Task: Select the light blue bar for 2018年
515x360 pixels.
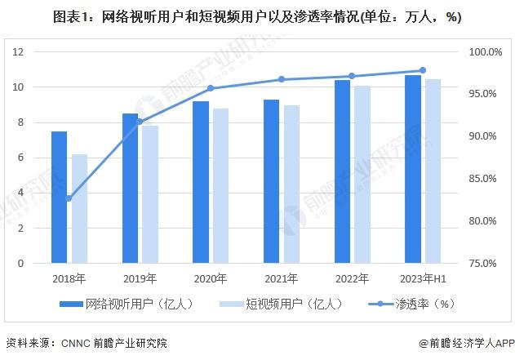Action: coord(79,209)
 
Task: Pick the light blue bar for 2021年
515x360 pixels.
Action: coord(291,184)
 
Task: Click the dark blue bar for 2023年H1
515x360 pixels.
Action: coord(413,169)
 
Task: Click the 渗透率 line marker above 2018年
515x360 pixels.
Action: coord(69,198)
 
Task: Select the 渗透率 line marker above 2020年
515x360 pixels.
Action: coord(210,88)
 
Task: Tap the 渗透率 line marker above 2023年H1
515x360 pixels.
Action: coord(422,70)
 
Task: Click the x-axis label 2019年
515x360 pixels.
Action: coord(139,278)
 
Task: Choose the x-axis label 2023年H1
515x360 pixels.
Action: coord(422,278)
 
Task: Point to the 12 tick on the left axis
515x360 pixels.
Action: coord(18,51)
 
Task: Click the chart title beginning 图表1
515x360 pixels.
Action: coord(256,16)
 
